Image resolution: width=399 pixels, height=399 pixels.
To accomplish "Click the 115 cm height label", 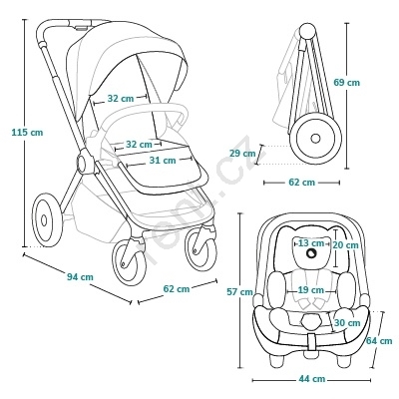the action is (27, 132).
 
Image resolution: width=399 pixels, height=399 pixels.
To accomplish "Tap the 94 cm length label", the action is (80, 276).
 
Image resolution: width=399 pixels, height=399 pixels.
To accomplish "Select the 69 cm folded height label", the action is (347, 82).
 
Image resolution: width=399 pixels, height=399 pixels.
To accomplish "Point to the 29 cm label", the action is (242, 154).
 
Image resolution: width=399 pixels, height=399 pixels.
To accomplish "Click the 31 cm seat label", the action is (163, 161).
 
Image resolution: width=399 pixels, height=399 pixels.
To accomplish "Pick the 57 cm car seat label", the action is (239, 291).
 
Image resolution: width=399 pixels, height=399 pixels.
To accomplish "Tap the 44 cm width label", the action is (311, 379).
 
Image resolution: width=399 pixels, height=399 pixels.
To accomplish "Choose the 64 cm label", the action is (379, 341).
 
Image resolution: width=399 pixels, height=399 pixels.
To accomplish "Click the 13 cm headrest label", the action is (311, 243).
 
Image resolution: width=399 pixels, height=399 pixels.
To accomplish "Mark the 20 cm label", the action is (345, 245).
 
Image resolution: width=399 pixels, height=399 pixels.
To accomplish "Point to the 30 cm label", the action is (347, 323).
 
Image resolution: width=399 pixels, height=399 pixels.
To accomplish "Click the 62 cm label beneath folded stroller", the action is (301, 183).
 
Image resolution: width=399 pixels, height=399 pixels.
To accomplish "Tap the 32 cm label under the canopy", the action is (121, 99).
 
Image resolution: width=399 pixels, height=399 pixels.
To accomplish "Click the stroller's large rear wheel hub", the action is (44, 220).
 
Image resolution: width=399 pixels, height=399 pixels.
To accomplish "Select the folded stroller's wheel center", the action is (315, 138).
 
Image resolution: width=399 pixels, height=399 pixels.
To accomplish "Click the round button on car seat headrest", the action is (311, 253).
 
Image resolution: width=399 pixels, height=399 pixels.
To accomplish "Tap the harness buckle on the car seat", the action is (311, 321).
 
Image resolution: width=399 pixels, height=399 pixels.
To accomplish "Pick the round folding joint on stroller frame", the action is (85, 162).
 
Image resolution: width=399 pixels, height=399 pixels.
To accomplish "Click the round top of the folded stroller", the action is (308, 31).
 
